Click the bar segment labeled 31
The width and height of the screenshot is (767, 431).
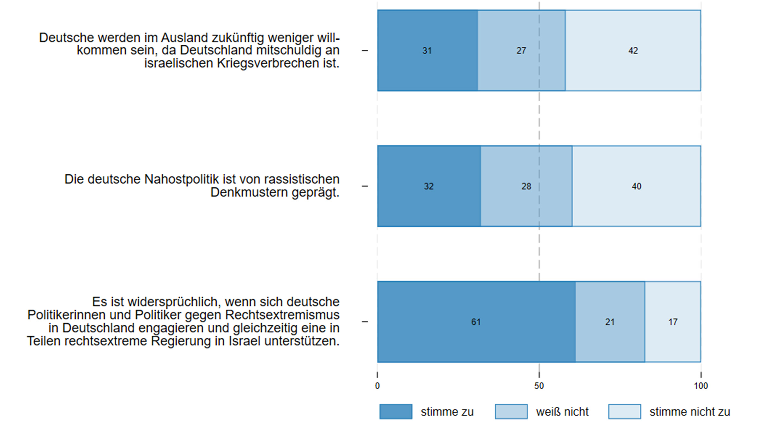coord(427,50)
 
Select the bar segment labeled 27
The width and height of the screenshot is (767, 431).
coord(521,50)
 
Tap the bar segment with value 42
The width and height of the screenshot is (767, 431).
coord(633,50)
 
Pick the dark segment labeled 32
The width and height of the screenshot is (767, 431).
coord(429,186)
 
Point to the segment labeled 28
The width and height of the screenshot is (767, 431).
coord(526,186)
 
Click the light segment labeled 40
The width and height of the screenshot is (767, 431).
coord(636,186)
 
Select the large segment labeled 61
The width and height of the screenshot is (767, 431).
coord(476,322)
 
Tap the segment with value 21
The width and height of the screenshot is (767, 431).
coord(610,322)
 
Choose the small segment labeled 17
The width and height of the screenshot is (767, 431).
coord(673,322)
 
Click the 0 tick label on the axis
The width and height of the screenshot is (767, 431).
coord(377,386)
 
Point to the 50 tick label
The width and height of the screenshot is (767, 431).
coord(539,386)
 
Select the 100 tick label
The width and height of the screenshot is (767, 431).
coord(701,386)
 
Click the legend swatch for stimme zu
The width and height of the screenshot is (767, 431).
coord(396,412)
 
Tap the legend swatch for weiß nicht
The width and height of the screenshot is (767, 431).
coord(511,412)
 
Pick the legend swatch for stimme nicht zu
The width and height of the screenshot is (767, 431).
coord(624,412)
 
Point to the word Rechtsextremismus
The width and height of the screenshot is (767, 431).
coord(282,315)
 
